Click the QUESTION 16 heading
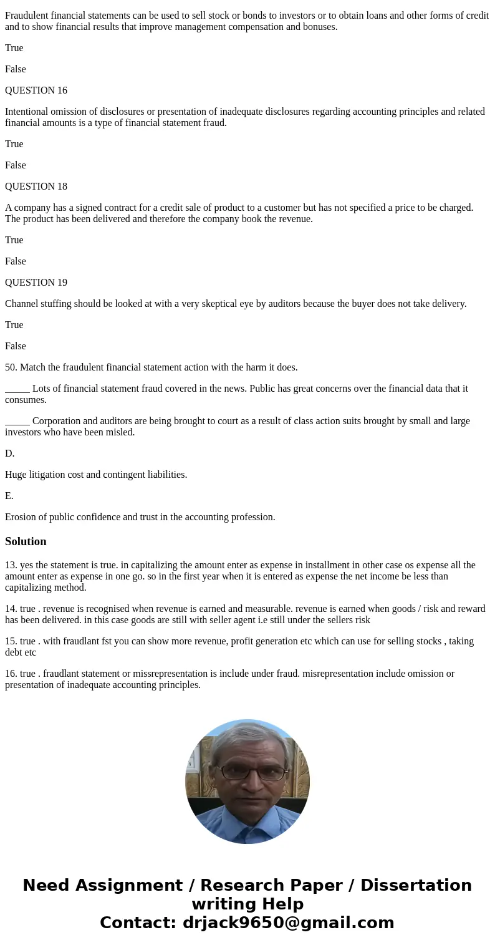point(36,90)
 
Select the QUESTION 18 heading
point(36,187)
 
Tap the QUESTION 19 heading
point(36,283)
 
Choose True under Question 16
point(14,144)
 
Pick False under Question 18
point(15,261)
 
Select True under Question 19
point(14,325)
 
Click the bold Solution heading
point(26,541)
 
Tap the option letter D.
point(9,453)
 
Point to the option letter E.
point(9,496)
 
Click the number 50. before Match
point(11,367)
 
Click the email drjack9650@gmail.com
point(288,923)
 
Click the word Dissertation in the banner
point(416,885)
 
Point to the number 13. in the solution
point(11,565)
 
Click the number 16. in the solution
point(11,674)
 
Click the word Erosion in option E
point(21,517)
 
